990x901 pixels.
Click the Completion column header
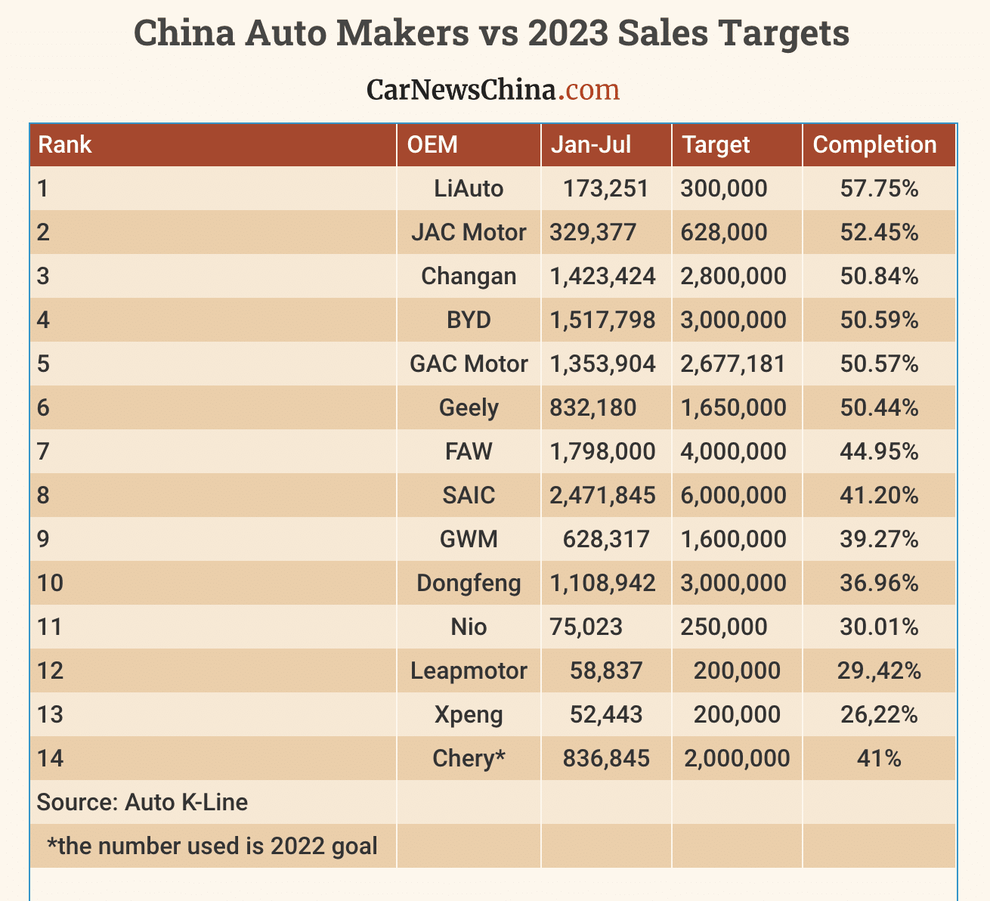click(x=874, y=144)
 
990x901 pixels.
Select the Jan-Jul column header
click(x=591, y=144)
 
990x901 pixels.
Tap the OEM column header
click(x=432, y=144)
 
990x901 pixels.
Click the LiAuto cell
click(x=469, y=188)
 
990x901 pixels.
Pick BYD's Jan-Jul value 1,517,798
click(x=603, y=320)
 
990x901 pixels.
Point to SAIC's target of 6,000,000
click(x=733, y=495)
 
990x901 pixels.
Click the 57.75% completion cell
click(x=879, y=188)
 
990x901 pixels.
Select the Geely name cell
click(x=469, y=407)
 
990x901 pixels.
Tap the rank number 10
click(x=50, y=583)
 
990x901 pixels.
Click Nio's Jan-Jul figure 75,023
click(x=586, y=627)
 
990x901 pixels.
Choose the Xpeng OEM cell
click(x=469, y=714)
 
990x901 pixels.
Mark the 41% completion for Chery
click(x=879, y=758)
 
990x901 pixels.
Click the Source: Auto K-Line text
click(x=142, y=802)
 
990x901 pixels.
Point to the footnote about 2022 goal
click(x=212, y=846)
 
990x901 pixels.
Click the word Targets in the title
click(x=783, y=34)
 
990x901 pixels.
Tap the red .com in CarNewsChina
click(x=589, y=90)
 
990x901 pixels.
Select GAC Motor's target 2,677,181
click(x=733, y=364)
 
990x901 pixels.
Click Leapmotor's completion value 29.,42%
click(x=879, y=670)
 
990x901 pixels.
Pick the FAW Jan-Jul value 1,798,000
click(x=603, y=451)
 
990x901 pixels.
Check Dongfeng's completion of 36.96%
click(x=879, y=583)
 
